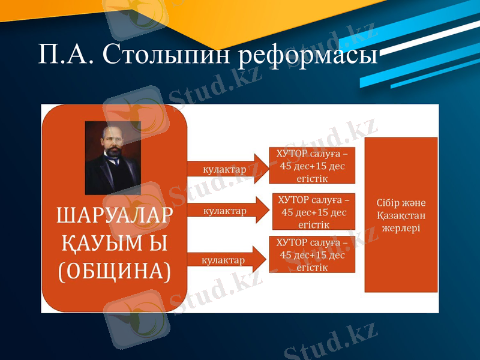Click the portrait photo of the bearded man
coord(113,157)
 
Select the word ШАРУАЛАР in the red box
coord(114,216)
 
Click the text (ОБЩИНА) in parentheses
coord(114,271)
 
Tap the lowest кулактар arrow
coord(226,260)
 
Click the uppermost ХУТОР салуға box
coord(311,165)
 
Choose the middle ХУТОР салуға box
coord(314,211)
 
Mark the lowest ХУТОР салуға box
coord(311,254)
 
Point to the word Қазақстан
coord(401,215)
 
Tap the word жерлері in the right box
coord(401,229)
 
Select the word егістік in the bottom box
coord(311,268)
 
